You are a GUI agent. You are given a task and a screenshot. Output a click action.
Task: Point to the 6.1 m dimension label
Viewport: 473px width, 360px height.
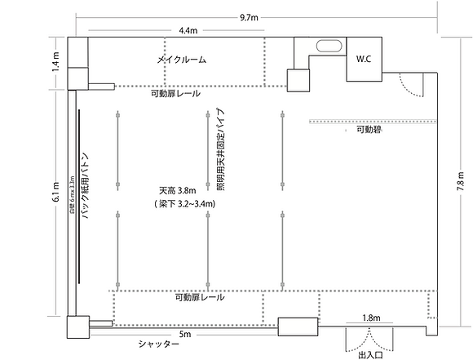55,196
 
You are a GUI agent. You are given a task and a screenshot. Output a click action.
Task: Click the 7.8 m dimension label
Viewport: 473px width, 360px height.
462,181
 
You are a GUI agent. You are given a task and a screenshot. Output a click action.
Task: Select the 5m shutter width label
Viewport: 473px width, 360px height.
185,334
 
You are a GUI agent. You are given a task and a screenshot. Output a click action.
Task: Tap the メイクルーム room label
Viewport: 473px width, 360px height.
181,60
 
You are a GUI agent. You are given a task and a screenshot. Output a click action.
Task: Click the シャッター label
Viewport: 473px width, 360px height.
158,345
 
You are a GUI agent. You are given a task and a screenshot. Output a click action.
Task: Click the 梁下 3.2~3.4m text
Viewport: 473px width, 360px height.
183,203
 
